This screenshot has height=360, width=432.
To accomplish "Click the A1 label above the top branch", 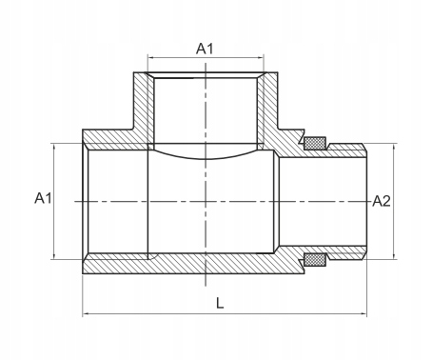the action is (205, 49).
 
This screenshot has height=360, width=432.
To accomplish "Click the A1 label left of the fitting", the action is (43, 198).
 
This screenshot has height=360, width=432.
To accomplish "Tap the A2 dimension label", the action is (382, 201).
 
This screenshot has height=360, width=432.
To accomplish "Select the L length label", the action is (220, 303).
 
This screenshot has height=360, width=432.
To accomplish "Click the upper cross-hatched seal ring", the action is (315, 143).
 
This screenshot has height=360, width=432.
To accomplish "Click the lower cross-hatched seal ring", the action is (315, 260).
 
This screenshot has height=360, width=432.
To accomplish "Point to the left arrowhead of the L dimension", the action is (86, 313).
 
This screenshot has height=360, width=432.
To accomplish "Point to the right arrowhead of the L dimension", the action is (364, 313).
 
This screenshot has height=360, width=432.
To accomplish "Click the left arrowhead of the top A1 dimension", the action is (150, 58).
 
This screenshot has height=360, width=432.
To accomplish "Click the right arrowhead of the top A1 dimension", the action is (261, 58).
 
